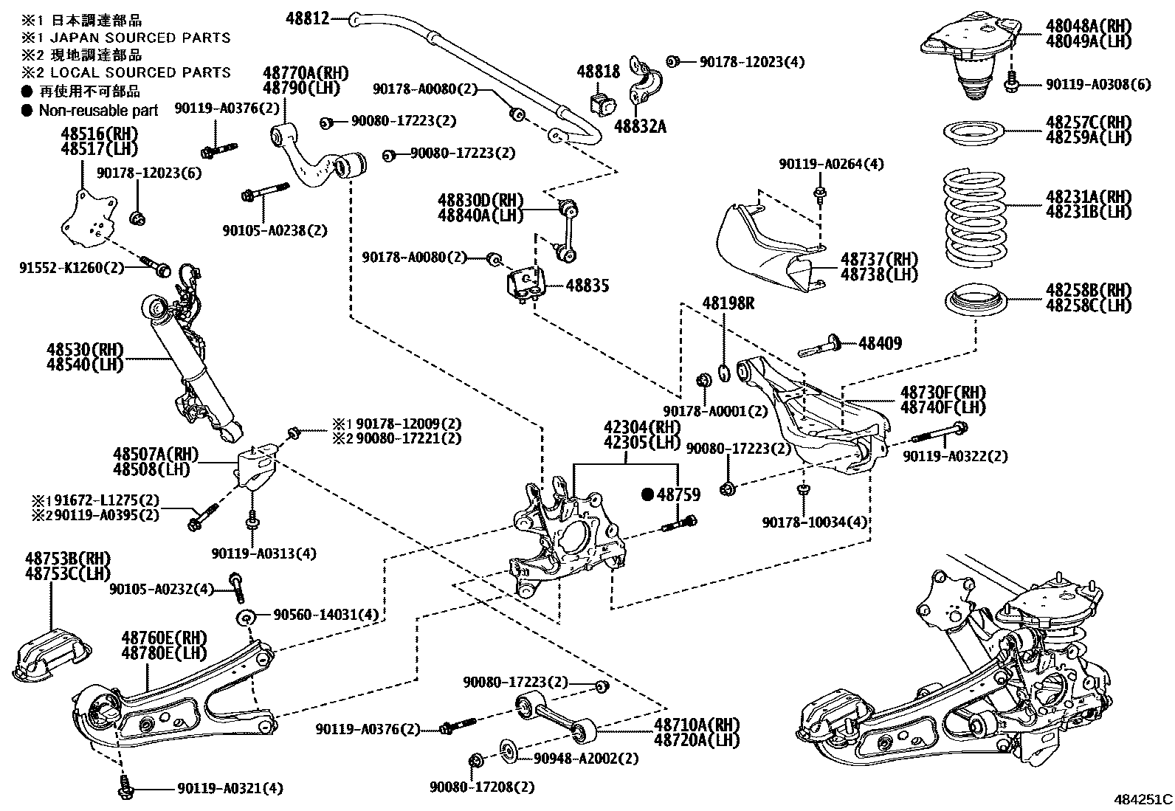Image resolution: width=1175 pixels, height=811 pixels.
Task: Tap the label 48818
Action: click(x=599, y=72)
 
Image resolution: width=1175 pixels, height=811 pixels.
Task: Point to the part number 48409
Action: click(x=879, y=343)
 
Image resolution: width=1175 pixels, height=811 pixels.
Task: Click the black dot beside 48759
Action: click(x=648, y=494)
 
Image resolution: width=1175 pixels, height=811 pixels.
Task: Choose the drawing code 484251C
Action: click(x=1143, y=799)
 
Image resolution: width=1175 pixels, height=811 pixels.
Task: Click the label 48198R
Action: click(x=728, y=303)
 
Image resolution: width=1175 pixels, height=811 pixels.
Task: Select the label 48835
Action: click(x=587, y=286)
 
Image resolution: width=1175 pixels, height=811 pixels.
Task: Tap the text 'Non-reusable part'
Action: click(x=98, y=111)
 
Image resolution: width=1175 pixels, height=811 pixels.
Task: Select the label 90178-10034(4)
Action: click(x=815, y=522)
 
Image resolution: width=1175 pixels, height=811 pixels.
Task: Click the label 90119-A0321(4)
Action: click(x=230, y=789)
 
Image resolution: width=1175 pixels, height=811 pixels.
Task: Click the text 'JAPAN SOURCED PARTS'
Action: click(x=134, y=38)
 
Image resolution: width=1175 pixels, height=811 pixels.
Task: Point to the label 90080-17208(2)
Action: click(x=482, y=787)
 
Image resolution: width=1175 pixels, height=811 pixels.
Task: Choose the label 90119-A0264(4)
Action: click(x=831, y=164)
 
